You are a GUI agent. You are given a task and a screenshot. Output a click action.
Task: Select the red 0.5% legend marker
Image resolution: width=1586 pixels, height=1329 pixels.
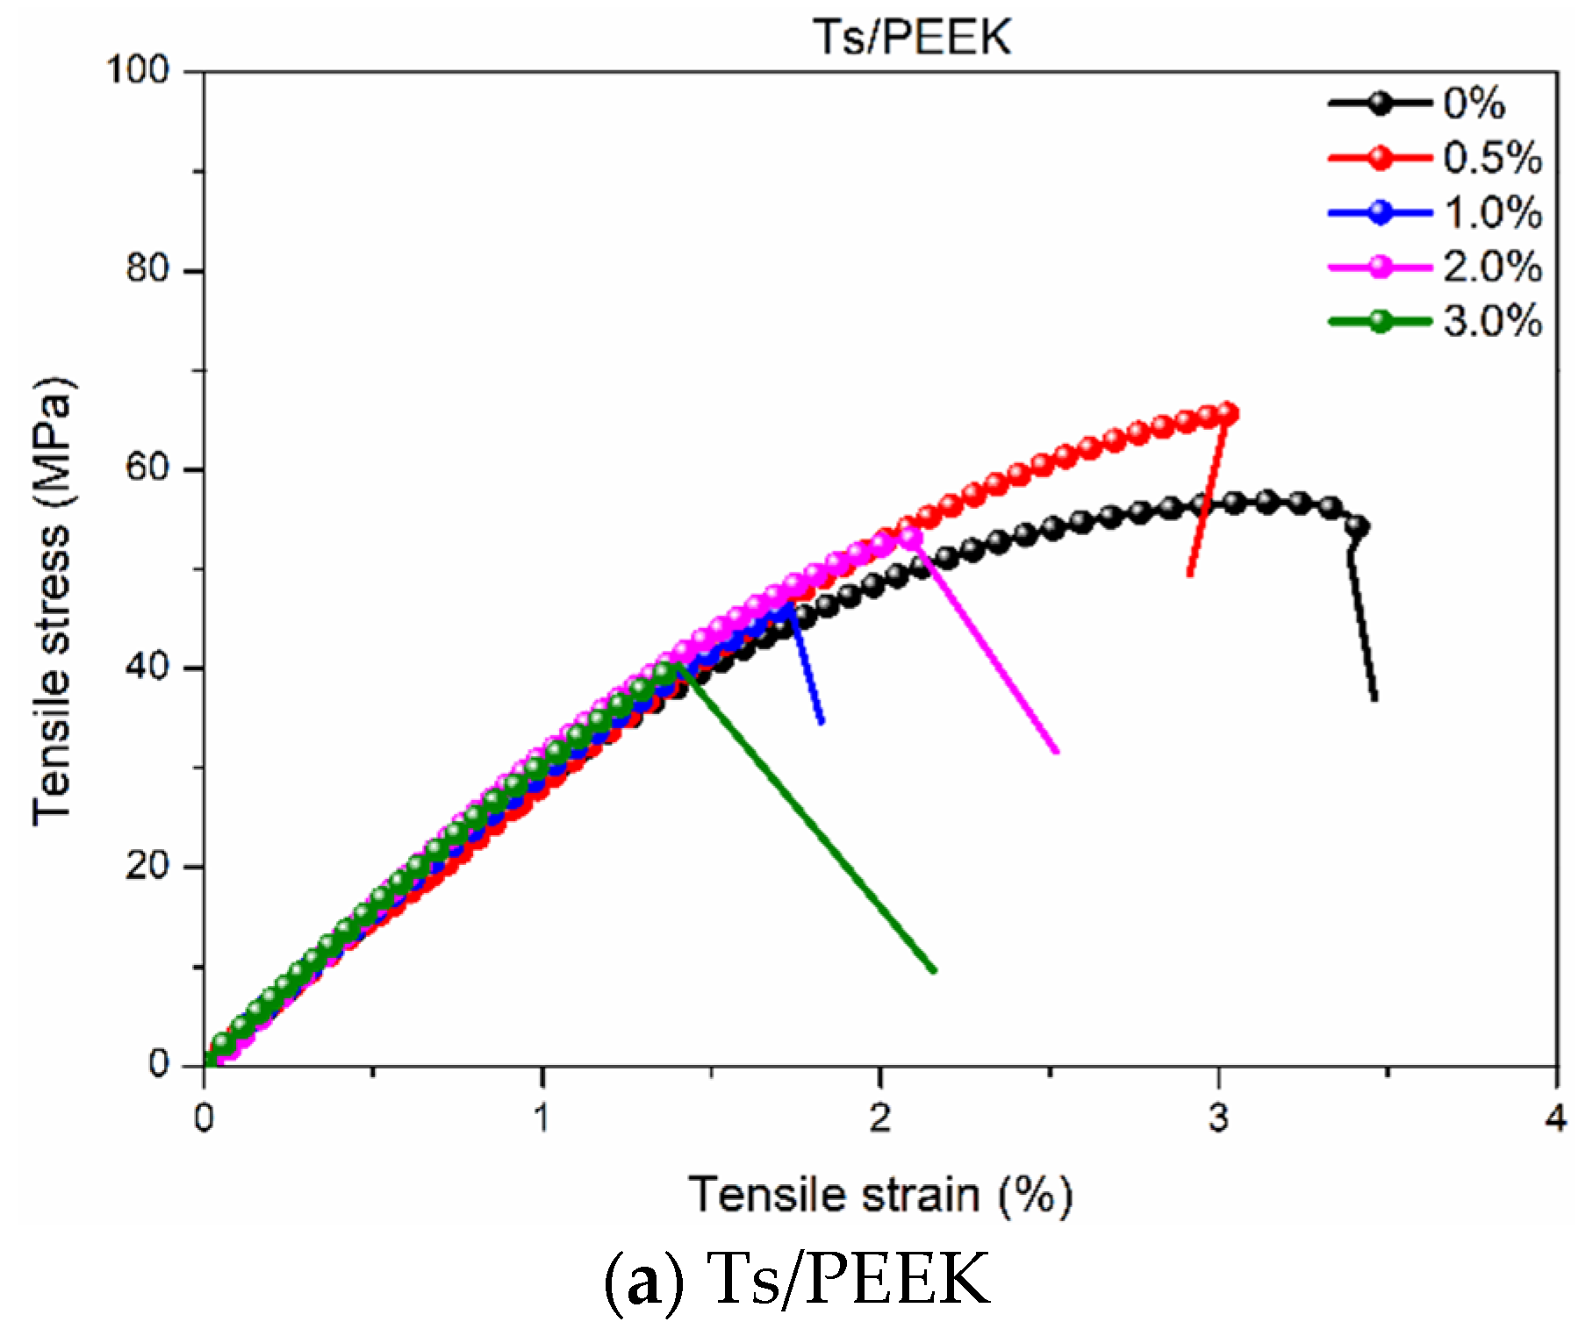click(x=1380, y=158)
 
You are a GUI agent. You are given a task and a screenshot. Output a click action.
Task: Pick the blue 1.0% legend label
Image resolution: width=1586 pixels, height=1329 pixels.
click(x=1492, y=212)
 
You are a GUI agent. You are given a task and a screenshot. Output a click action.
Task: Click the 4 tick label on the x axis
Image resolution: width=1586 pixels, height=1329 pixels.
click(x=1555, y=1118)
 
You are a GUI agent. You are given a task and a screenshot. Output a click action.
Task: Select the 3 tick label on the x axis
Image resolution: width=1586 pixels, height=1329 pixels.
click(x=1217, y=1118)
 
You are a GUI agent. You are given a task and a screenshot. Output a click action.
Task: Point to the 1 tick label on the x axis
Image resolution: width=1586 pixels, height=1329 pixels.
click(x=542, y=1118)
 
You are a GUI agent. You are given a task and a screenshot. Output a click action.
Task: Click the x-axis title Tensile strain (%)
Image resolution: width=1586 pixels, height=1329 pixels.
click(x=879, y=1195)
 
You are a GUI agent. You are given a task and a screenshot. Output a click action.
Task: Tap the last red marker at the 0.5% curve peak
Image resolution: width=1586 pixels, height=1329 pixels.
click(x=1228, y=413)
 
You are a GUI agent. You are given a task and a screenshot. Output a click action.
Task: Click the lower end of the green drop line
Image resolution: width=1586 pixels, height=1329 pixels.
click(x=934, y=970)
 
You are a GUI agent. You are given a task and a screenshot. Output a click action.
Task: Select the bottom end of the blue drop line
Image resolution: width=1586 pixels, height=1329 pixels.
click(x=822, y=723)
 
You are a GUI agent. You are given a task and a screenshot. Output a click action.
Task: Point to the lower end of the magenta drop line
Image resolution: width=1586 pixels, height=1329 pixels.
click(x=1057, y=751)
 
